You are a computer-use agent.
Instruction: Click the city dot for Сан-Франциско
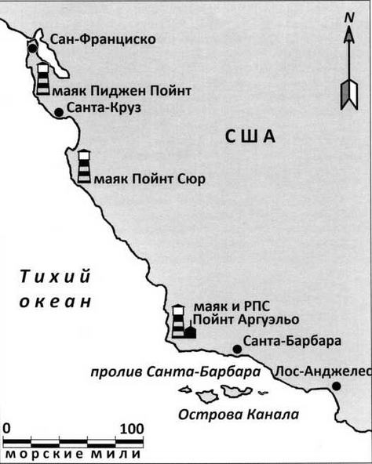point(33,49)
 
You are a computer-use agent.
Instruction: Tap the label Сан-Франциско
point(103,39)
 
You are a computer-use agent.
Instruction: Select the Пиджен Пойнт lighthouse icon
point(43,79)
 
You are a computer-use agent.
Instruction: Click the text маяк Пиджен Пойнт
point(122,91)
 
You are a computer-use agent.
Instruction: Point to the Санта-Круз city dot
point(59,112)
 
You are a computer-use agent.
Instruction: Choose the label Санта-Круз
point(104,107)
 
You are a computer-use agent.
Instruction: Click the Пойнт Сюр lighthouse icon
point(84,166)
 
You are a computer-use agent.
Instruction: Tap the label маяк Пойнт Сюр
point(150,179)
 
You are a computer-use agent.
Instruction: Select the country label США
point(250,136)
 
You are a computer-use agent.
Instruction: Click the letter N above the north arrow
point(349,18)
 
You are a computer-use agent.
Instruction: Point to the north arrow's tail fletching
point(349,95)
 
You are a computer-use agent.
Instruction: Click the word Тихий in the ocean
point(55,277)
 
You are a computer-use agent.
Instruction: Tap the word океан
point(55,302)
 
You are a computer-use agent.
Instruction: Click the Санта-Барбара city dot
point(237,350)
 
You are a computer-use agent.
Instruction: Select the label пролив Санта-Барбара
point(176,372)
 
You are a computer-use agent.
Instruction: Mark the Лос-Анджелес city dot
point(336,386)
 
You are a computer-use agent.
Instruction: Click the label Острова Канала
point(239,415)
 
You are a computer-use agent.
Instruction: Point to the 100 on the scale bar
point(132,430)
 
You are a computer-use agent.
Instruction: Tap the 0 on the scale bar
point(6,430)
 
